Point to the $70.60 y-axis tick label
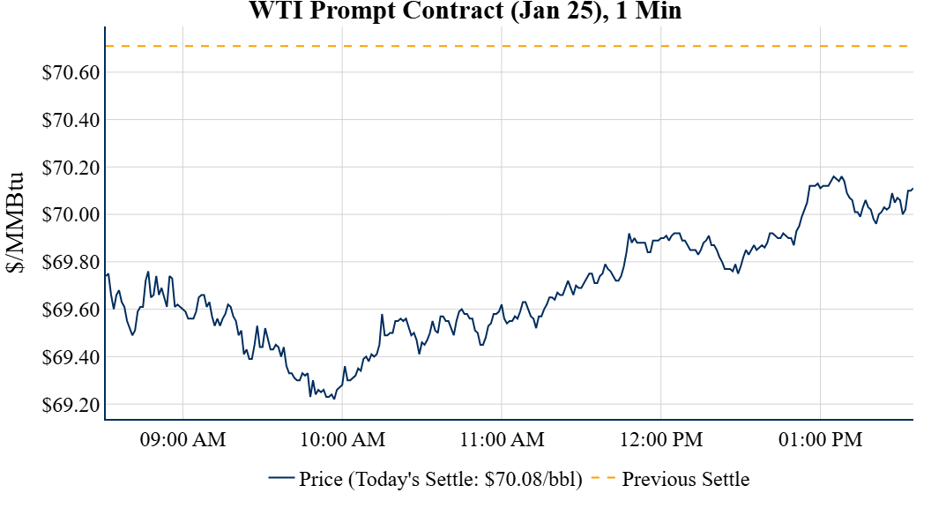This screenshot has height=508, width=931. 71,72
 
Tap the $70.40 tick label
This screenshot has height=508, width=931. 71,120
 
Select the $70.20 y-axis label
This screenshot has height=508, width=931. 71,168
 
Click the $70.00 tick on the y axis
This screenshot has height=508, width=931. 71,215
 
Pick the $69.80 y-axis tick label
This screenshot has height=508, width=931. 71,263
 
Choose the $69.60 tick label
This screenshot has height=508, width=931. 71,310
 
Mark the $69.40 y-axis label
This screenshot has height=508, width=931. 71,358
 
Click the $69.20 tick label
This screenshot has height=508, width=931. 71,406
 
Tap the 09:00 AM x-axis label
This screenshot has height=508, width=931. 183,439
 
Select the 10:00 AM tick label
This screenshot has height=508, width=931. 343,439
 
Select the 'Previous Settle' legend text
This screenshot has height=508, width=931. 686,480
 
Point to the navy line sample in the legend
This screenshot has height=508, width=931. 280,479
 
